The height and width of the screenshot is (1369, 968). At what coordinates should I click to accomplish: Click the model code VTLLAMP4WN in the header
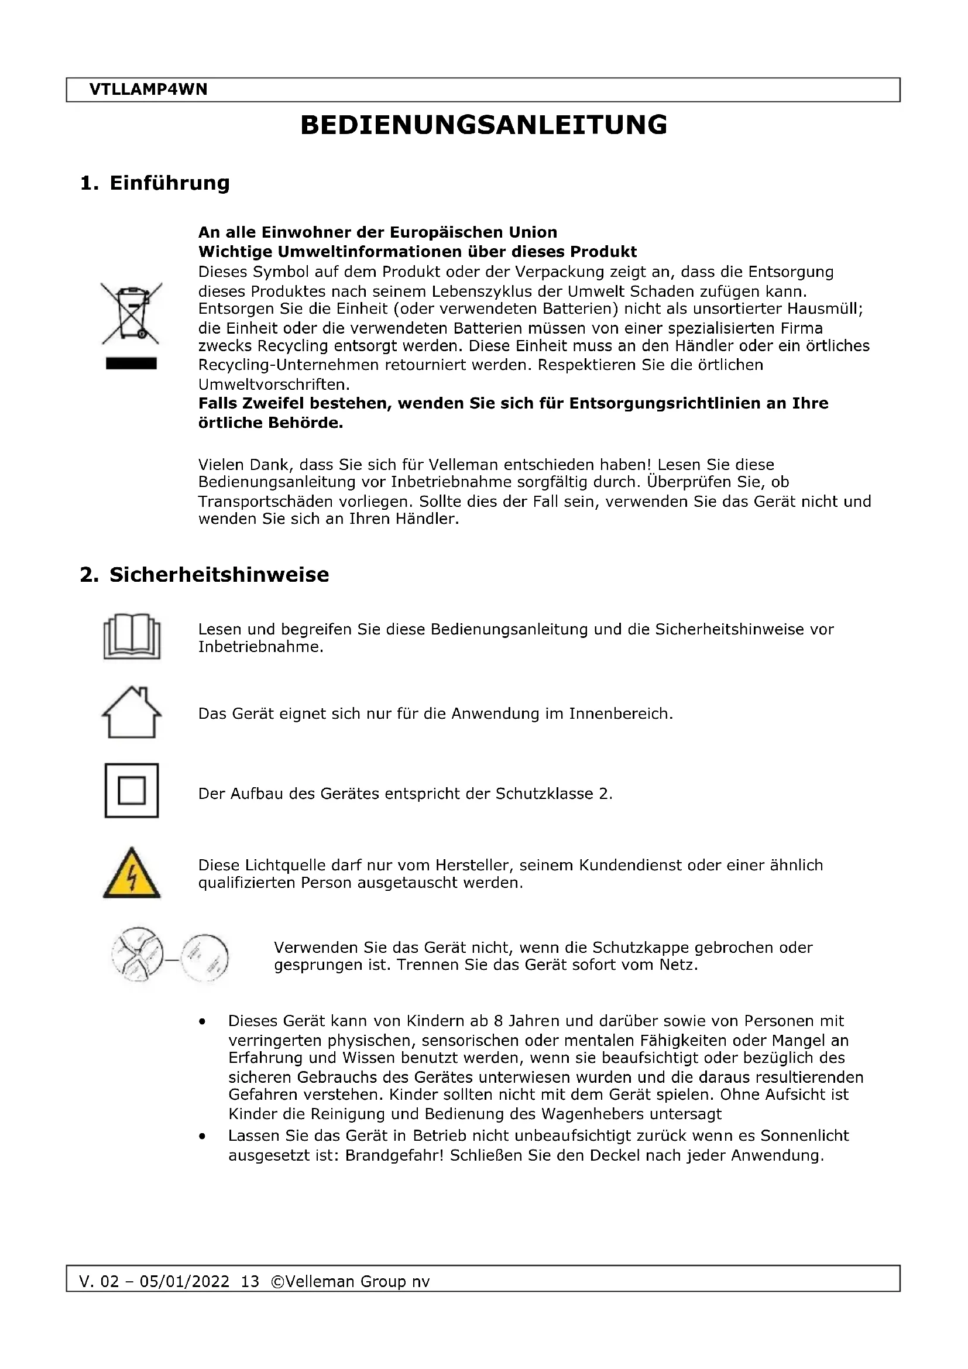[148, 90]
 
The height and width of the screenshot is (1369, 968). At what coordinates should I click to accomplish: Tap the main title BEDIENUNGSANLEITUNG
[483, 125]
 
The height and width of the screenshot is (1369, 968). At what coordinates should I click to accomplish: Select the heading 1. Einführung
[155, 183]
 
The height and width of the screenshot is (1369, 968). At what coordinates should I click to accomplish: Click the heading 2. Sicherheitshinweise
[204, 574]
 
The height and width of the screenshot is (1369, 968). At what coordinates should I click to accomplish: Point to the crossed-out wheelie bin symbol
[131, 314]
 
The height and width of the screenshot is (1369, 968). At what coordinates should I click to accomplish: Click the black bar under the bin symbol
[131, 363]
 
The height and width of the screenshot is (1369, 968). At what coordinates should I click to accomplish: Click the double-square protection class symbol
[132, 791]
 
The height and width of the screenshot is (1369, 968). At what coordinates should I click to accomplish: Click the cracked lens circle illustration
[138, 954]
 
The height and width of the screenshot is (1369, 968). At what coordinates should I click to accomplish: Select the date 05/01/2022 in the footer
[184, 1281]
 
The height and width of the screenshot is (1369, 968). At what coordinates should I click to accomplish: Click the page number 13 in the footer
[250, 1281]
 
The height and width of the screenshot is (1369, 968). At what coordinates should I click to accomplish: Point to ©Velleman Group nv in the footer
[350, 1281]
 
